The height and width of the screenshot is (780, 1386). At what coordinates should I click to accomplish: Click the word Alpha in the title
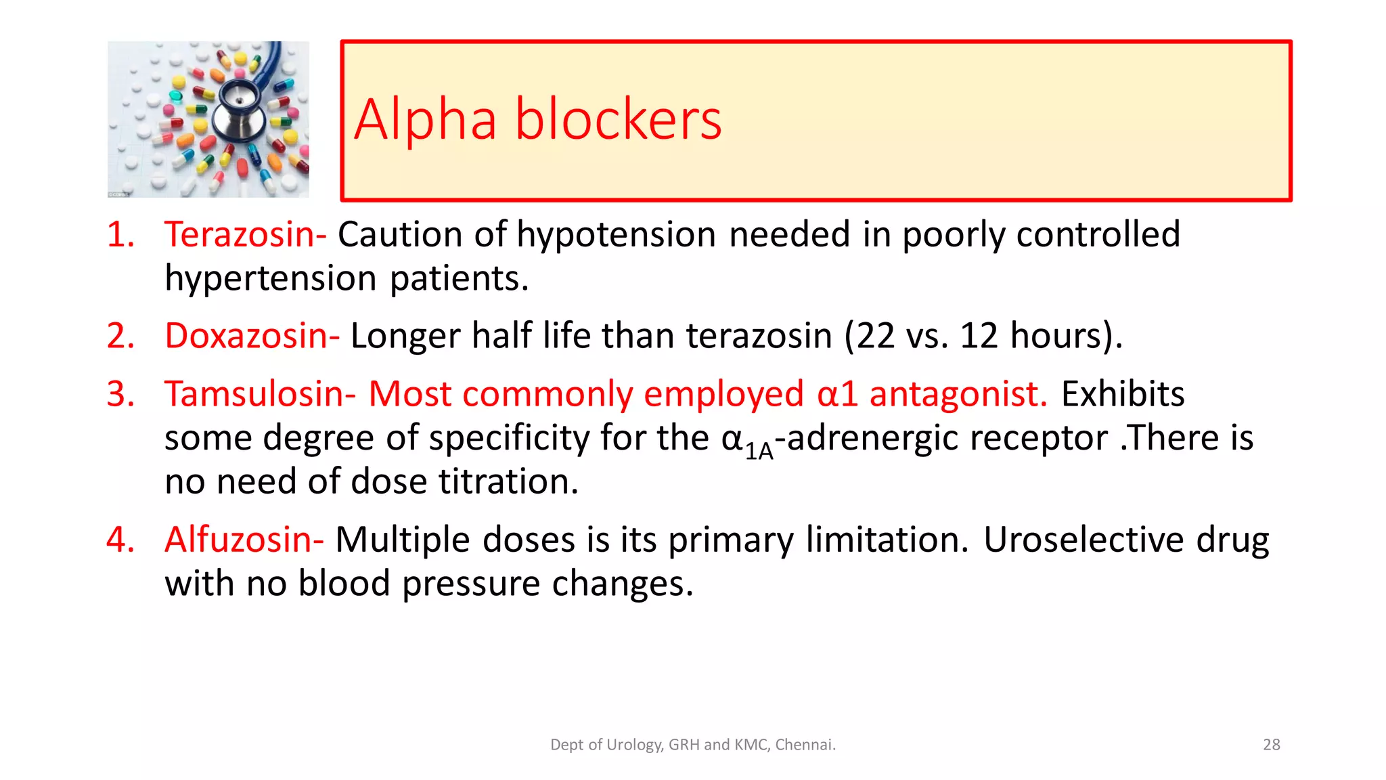pos(425,120)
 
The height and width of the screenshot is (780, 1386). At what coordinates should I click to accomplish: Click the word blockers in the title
pos(618,120)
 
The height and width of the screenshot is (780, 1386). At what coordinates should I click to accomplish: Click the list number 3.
pos(120,394)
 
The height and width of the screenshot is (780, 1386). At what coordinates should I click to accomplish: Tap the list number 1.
pos(120,235)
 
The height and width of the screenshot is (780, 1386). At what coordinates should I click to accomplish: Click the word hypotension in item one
pos(616,236)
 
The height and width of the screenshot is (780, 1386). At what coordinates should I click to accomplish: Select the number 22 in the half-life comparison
pos(876,336)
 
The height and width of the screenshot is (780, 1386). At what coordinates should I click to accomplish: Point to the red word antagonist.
pos(958,394)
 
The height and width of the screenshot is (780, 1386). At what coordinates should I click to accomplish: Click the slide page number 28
pos(1271,745)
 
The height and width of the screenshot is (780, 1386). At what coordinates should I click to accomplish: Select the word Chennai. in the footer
pos(805,745)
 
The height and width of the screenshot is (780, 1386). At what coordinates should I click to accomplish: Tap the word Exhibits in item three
pos(1122,394)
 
